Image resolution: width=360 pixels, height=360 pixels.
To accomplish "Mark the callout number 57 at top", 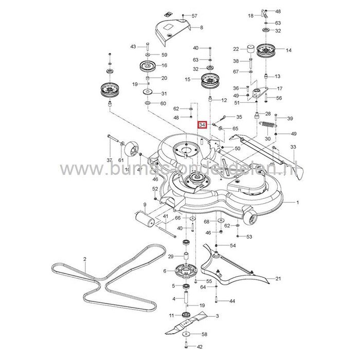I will [x=194, y=16].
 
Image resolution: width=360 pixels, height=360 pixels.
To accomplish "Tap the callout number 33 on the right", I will [x=293, y=148].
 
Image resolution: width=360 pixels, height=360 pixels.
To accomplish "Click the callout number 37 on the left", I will [x=109, y=160].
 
